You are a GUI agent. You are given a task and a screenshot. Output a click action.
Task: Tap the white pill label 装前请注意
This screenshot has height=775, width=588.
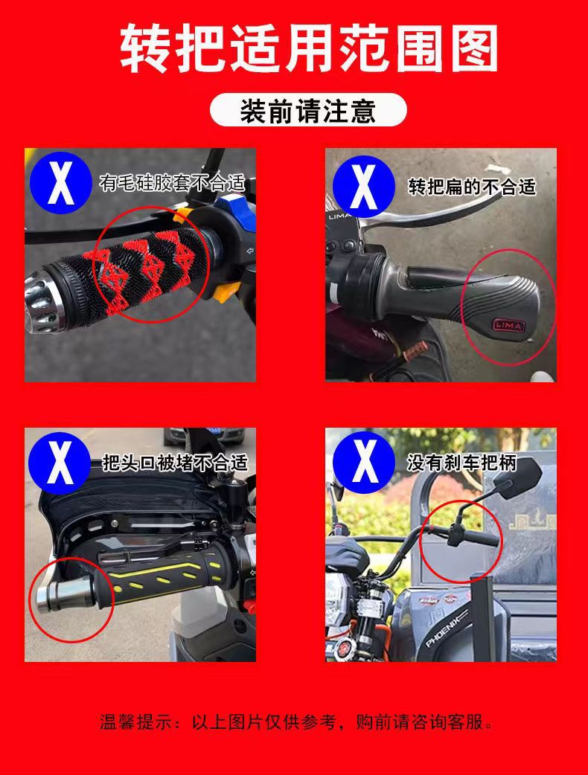point(308,112)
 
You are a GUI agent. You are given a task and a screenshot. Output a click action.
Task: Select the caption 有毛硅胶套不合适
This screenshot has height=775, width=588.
point(172,182)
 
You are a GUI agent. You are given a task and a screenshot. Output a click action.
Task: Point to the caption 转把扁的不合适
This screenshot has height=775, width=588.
point(472,186)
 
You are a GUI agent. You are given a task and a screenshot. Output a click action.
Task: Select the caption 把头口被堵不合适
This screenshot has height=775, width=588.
point(174,463)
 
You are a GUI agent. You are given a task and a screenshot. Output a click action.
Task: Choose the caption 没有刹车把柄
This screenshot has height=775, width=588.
point(461,463)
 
